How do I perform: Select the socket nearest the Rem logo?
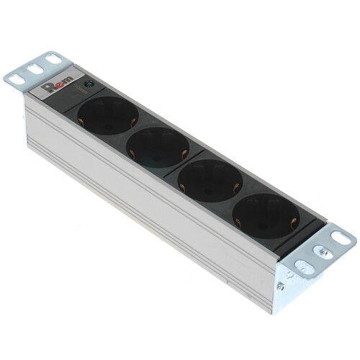[109, 115]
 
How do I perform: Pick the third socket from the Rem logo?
[211, 179]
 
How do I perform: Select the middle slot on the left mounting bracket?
[34, 70]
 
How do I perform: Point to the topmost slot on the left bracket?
[54, 60]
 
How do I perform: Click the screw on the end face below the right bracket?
[280, 286]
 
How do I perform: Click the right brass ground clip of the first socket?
[134, 117]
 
